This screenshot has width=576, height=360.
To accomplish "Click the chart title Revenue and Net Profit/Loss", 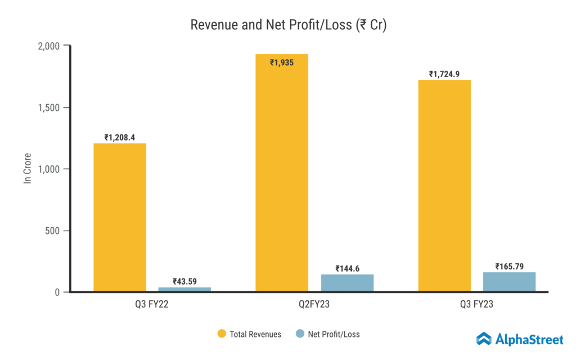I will (x=288, y=25).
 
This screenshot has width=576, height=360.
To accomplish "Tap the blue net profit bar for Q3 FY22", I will (x=184, y=289).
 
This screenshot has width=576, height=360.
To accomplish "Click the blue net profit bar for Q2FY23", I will (x=346, y=283).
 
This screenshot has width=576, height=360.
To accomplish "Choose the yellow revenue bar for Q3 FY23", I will (x=444, y=186).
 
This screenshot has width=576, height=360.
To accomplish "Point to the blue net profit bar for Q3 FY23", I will (x=509, y=282).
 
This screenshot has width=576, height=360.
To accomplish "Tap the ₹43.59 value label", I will (x=184, y=281).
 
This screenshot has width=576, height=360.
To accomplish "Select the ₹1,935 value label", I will (x=281, y=62).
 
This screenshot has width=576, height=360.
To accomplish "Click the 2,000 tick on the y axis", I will (x=49, y=46).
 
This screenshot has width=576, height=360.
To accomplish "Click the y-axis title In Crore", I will (x=26, y=168).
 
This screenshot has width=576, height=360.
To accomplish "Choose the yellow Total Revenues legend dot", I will (x=222, y=334).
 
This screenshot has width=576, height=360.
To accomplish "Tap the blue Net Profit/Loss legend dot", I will (x=300, y=334).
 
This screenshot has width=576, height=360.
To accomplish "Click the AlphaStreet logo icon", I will (x=484, y=338).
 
